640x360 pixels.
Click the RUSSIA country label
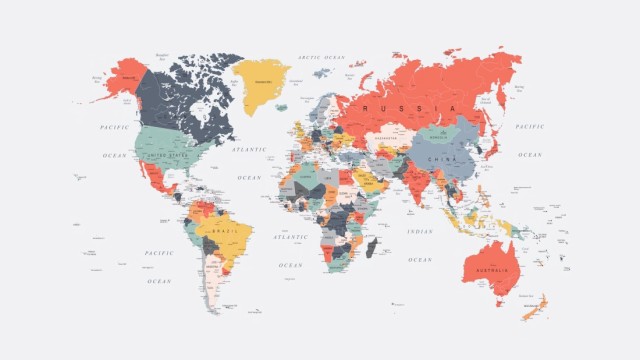[410, 106]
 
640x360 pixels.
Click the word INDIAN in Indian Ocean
[420, 232]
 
